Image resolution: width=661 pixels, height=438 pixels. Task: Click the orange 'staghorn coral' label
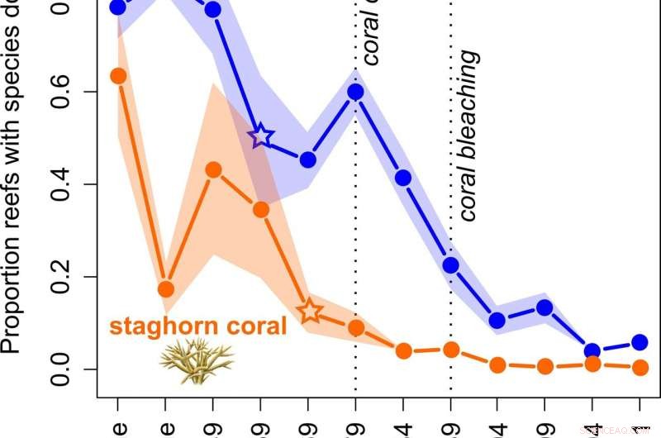(x=198, y=326)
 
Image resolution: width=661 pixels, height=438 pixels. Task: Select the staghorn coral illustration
(x=197, y=360)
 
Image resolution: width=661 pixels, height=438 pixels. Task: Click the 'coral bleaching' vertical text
(x=468, y=136)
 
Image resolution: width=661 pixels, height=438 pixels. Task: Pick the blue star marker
(x=261, y=136)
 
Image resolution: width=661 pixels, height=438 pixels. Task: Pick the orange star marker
(x=309, y=312)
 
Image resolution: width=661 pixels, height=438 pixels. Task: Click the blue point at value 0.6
(x=356, y=92)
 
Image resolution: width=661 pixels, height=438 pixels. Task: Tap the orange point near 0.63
(x=118, y=76)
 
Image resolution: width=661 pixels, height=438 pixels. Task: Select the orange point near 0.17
(x=166, y=289)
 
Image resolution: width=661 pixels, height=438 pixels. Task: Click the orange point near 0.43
(x=213, y=170)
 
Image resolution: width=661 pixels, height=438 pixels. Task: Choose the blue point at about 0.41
(x=403, y=178)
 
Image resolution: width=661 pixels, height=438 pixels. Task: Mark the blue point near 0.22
(x=450, y=265)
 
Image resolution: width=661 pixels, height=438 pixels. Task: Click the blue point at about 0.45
(x=308, y=159)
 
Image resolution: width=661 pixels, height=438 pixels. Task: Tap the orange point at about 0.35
(x=261, y=209)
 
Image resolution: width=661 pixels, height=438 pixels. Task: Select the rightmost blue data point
(x=640, y=342)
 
